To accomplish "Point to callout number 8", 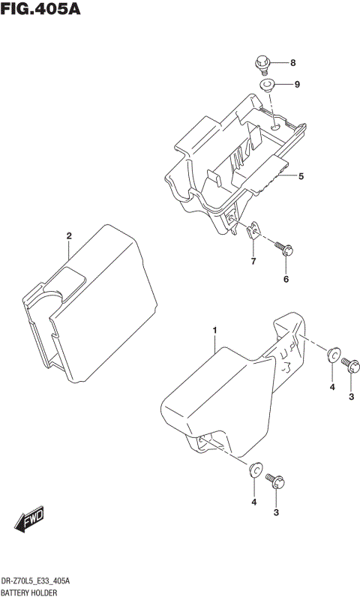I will (293, 62).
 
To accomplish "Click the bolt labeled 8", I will (263, 63).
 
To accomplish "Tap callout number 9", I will (296, 84).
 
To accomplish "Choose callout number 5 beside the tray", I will (301, 177).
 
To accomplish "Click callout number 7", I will (253, 262).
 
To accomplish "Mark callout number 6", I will (285, 279).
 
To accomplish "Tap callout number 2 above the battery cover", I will (68, 236).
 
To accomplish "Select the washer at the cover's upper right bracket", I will (332, 355).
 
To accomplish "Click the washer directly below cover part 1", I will (255, 471).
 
